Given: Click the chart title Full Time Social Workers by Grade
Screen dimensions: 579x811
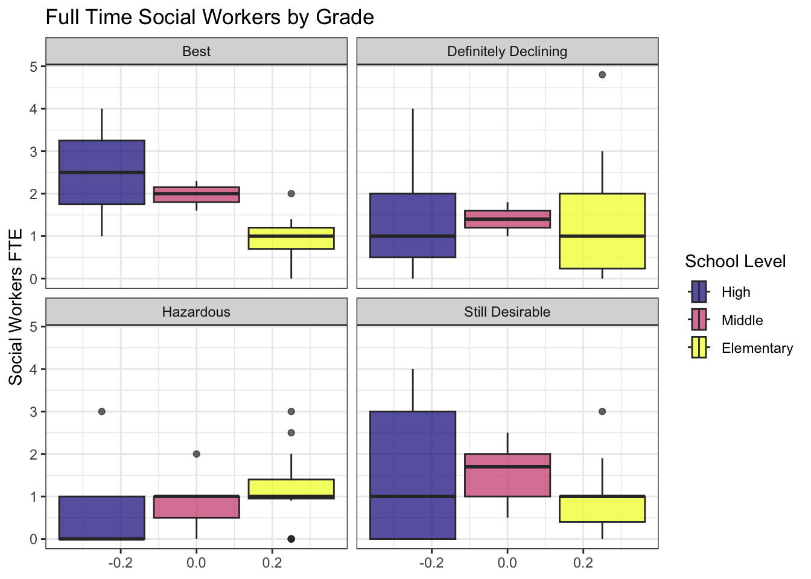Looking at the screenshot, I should point(209,17).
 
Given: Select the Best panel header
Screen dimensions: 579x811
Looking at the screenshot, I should point(196,51).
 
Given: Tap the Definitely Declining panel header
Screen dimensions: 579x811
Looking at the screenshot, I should point(507,51).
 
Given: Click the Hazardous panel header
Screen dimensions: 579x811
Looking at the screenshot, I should point(196,312).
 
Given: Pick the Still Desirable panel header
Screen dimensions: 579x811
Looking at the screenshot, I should point(507,312).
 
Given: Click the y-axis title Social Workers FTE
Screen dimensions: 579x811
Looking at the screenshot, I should point(16,306).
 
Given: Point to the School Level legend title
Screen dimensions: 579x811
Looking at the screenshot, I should point(735,261).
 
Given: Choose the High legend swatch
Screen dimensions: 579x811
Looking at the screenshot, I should point(699,292).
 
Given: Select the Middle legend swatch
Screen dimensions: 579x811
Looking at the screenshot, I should point(699,320).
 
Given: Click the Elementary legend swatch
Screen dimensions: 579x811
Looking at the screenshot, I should point(699,348).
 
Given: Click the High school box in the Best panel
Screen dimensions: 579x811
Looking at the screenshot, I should point(101,172).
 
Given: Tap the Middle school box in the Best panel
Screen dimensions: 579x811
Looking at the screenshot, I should point(196,194).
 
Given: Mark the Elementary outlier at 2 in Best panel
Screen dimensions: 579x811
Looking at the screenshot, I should point(291,194).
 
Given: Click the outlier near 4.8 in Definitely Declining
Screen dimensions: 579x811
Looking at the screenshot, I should point(602,75).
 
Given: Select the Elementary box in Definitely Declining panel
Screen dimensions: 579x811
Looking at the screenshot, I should point(602,231).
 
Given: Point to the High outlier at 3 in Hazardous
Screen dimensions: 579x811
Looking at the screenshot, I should point(101,411).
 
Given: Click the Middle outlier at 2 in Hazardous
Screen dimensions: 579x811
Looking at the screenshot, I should point(196,454).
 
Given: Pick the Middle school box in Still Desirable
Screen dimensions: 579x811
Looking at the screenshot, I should point(507,475).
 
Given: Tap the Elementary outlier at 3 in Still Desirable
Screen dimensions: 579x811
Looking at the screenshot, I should point(602,411).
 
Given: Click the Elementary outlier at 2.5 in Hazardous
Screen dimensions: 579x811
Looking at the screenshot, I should point(291,432).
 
